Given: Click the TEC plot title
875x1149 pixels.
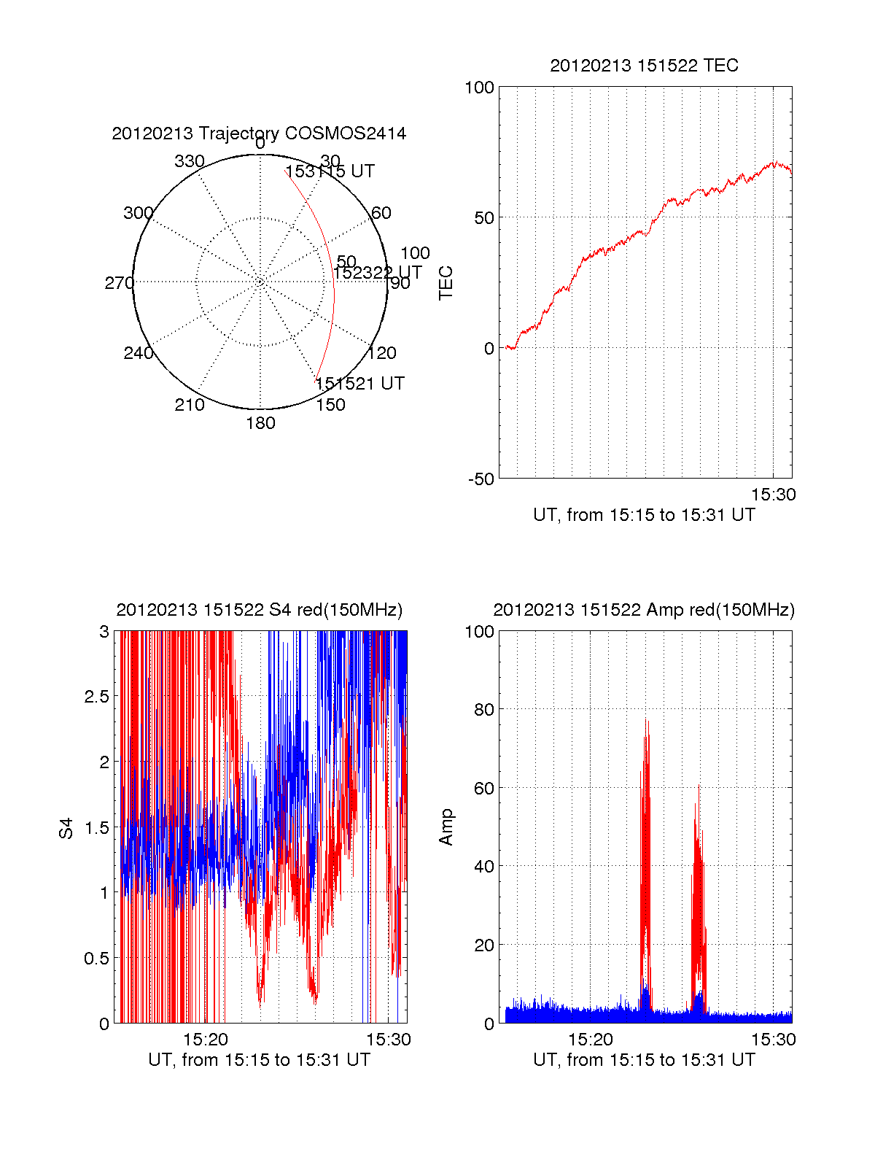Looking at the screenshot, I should tap(644, 66).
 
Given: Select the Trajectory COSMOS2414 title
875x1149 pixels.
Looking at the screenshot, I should tap(259, 134).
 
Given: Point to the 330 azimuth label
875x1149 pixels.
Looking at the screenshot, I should tap(190, 161).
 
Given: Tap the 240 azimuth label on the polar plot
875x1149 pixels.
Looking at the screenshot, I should tap(138, 353).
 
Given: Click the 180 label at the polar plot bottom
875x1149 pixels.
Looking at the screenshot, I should tap(260, 423).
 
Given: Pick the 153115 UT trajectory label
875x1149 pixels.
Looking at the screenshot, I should tap(330, 171).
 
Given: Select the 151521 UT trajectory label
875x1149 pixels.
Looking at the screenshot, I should tap(359, 384).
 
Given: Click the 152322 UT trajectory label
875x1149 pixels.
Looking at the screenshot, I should tap(378, 273).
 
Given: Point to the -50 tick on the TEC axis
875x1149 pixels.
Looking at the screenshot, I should tap(481, 479).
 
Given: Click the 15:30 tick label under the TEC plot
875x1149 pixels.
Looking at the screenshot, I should tap(773, 495).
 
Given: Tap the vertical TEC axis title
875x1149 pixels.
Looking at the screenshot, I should tap(446, 283).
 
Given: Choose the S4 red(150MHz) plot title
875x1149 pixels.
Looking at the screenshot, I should tap(259, 610).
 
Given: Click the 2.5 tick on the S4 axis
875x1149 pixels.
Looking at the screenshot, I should tap(96, 697).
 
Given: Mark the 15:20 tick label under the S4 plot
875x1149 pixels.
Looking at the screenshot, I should tap(206, 1040).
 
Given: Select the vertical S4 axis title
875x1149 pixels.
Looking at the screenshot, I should tap(66, 828).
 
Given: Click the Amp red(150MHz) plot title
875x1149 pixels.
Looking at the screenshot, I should tap(644, 610).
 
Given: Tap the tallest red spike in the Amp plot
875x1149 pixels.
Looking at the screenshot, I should tap(645, 722).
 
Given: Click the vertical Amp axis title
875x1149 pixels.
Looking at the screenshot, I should tap(446, 827).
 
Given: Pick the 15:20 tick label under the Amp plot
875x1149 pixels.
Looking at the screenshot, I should tap(591, 1040).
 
